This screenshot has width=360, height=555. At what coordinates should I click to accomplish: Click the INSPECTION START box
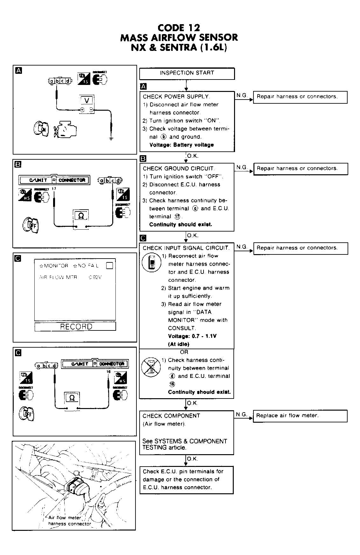pos(187,73)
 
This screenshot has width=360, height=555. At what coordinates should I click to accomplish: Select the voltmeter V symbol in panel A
pos(87,101)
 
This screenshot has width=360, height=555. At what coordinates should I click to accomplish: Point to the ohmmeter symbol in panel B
pos(81,216)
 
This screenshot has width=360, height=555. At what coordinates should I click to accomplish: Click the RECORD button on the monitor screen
pos(75,327)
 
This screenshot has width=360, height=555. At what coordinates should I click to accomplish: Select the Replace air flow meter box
pos(300,416)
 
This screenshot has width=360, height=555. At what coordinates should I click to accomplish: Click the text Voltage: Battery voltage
pos(181,145)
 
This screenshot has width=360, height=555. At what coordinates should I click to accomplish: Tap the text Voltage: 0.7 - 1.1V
pos(192,336)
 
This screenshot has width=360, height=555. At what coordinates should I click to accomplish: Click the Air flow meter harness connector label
pos(69,521)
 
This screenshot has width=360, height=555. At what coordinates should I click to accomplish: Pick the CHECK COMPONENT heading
pos(171,416)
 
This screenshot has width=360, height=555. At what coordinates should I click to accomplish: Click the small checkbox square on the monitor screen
pos(109,265)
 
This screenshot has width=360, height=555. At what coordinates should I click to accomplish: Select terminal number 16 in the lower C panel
pos(108,371)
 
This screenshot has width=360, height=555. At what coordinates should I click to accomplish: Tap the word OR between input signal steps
pos(184,352)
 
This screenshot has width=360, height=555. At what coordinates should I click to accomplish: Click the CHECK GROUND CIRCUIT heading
pos(178,169)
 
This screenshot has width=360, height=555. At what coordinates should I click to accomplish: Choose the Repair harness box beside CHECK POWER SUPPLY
pos(300,97)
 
